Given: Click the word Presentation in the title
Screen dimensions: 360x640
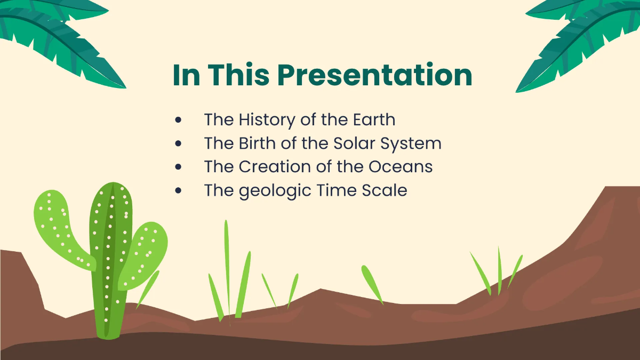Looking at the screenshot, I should tap(375, 75).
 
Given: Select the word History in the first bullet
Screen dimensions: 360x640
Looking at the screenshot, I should tap(267, 119).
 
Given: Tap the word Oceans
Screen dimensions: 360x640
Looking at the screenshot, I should tap(401, 166).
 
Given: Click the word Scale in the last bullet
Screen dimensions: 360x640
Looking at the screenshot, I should tap(383, 190).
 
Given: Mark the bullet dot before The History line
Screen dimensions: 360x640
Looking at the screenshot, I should tap(179, 120).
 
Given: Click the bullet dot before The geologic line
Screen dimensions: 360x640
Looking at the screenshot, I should tap(179, 190).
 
